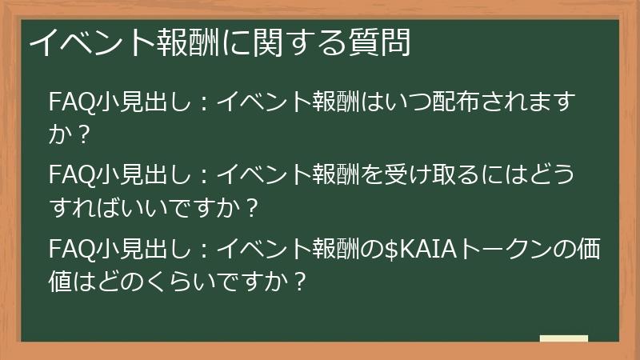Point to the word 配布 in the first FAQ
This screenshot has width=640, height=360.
click(x=450, y=102)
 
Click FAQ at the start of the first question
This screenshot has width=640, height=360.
click(x=71, y=102)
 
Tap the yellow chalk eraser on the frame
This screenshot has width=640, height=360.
click(x=563, y=339)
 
